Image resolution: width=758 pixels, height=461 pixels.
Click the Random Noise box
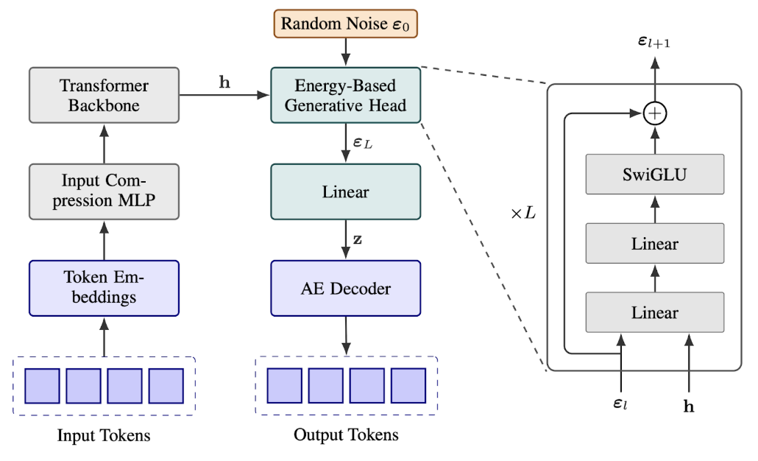point(345,24)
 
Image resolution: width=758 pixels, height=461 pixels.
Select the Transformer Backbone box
point(104,95)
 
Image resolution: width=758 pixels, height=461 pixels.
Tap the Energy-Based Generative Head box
point(345,95)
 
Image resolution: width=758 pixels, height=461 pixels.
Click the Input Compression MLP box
point(104,191)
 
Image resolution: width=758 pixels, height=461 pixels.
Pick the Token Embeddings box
point(104,288)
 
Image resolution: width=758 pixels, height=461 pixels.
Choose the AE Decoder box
point(345,288)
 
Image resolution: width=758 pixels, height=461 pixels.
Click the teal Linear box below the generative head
point(345,191)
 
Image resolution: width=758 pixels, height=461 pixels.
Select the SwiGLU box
point(654,174)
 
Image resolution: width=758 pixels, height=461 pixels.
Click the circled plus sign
point(654,114)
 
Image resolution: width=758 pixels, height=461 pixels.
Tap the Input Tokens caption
point(104,436)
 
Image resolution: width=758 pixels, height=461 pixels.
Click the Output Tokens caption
point(346,435)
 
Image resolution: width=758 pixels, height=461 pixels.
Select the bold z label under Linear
point(357,240)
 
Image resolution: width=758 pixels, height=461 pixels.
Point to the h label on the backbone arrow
point(224,82)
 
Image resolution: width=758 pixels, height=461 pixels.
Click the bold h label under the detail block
point(689,407)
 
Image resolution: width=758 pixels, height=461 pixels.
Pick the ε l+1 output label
point(654,43)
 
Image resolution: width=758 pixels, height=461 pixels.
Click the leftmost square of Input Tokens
point(43,386)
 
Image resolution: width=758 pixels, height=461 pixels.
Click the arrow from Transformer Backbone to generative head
point(224,95)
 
